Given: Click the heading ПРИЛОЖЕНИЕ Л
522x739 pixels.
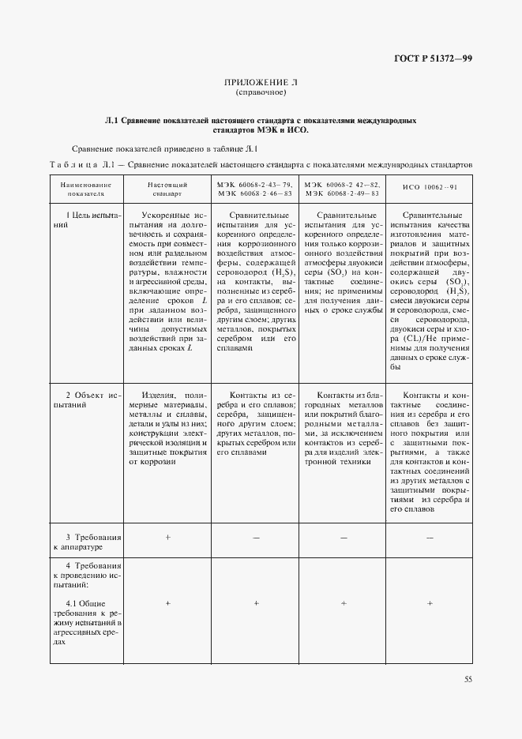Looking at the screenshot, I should coord(261,82).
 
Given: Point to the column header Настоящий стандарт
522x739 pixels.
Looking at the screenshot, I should coord(167,187).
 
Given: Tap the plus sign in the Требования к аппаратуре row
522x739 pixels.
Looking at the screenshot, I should coord(167,537).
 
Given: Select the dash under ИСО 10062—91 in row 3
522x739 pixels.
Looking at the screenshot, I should coord(430,537).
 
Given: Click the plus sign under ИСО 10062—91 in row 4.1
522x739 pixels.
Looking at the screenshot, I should coord(430,603).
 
